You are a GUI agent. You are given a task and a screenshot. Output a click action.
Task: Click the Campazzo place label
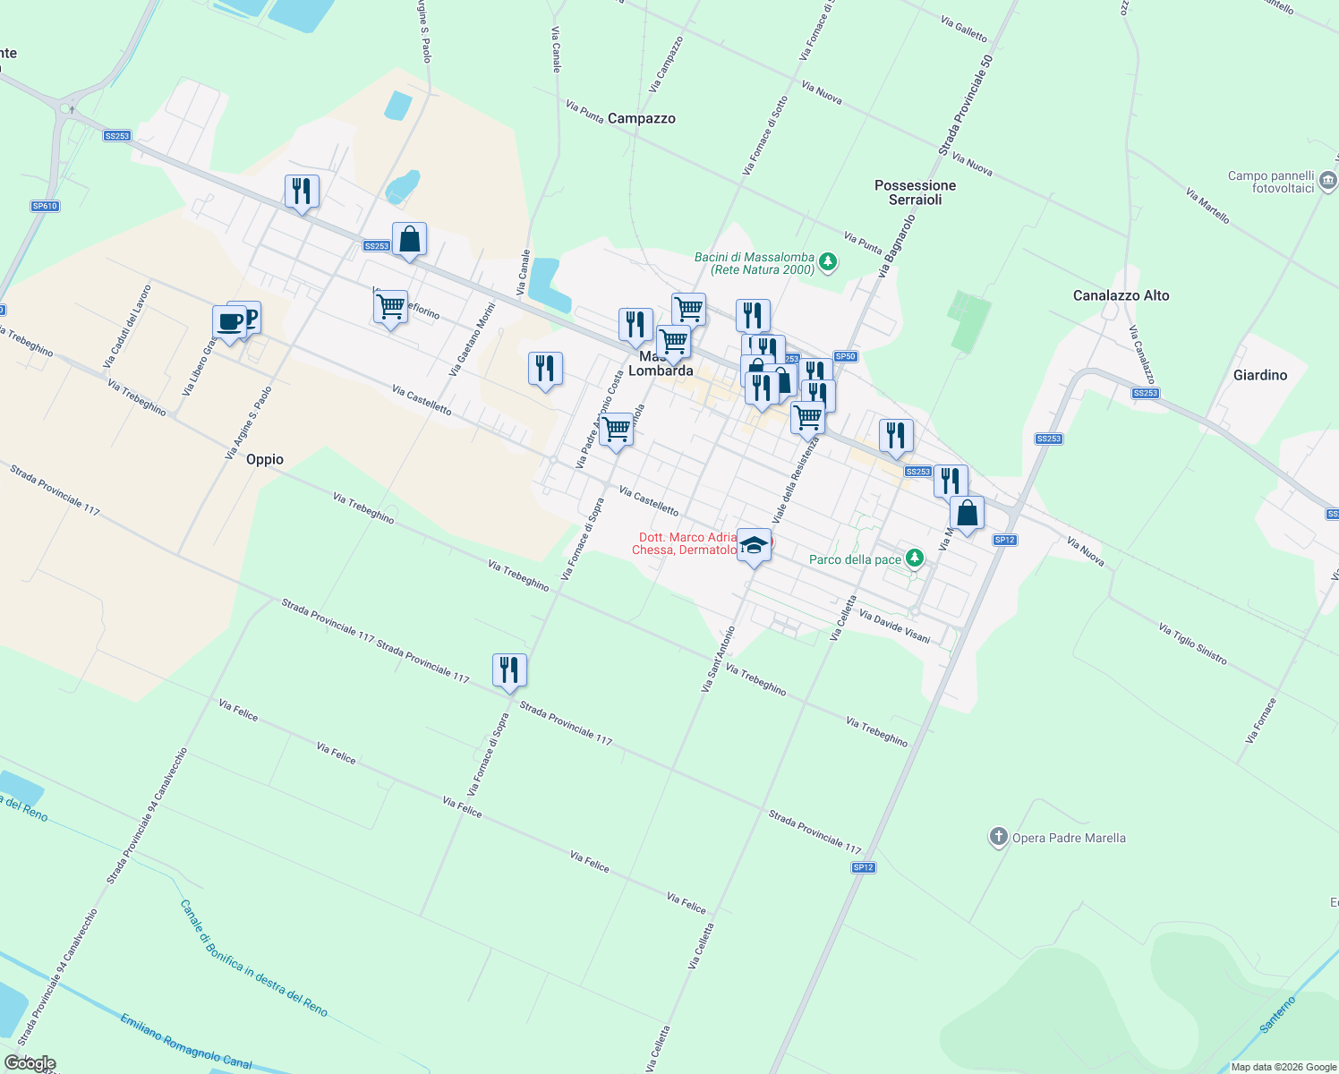click(641, 118)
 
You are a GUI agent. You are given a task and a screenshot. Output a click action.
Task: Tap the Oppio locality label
click(265, 459)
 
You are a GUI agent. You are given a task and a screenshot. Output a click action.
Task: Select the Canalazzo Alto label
click(1121, 295)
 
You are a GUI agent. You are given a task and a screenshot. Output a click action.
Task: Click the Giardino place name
click(1259, 375)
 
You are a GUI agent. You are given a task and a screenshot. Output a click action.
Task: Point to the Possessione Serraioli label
click(915, 192)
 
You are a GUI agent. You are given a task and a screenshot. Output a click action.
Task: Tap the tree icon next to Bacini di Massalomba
click(828, 262)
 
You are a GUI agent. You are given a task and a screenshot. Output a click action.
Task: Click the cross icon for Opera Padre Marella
click(998, 838)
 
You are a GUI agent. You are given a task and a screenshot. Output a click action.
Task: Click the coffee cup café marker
click(230, 322)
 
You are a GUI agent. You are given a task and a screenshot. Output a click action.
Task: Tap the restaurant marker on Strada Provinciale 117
click(508, 670)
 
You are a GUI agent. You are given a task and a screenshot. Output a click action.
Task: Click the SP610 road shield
click(45, 206)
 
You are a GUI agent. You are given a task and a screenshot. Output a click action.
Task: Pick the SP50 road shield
click(845, 356)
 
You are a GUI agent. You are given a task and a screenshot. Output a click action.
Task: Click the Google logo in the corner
click(30, 1063)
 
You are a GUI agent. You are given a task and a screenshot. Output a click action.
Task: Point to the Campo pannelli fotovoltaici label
click(1270, 182)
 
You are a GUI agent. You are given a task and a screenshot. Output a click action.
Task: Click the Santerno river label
click(1277, 1015)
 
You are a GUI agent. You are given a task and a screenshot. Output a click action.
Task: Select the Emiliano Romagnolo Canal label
click(186, 1041)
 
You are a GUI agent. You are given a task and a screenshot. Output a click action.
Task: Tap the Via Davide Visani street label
click(894, 626)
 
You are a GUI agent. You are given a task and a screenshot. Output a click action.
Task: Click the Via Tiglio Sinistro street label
click(1192, 644)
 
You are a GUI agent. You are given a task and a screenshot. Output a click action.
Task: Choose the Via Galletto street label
click(964, 30)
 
